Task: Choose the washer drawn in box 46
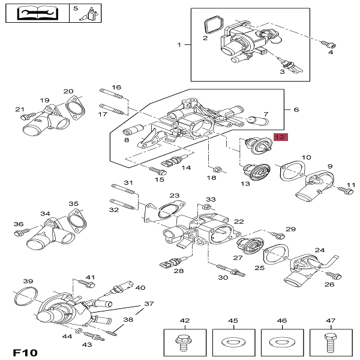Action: pos(280,343)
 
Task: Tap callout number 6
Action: pos(295,110)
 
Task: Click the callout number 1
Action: pos(179,45)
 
